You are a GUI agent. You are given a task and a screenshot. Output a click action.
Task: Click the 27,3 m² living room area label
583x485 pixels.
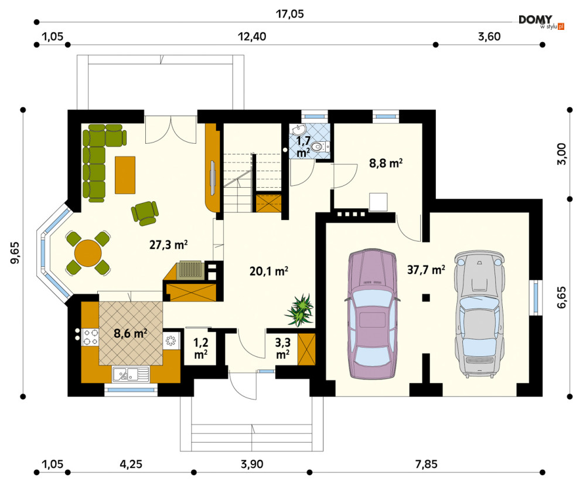[x=168, y=245]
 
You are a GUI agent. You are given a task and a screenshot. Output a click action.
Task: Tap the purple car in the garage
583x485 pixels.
[x=372, y=314]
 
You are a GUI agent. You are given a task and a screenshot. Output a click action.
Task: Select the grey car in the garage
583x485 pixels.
[x=479, y=314]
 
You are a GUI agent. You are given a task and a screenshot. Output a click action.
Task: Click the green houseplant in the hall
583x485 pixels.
[x=300, y=310]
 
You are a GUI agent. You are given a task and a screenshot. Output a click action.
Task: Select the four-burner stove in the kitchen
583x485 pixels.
[x=90, y=337]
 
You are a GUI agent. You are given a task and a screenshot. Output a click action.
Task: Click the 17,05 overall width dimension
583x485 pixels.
[x=289, y=13]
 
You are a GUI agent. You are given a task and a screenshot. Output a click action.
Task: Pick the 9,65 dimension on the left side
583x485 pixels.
[x=15, y=253]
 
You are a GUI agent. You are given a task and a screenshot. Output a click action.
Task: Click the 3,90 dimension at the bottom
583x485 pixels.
[x=252, y=464]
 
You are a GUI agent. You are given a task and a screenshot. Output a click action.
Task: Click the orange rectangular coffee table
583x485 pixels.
[x=125, y=175]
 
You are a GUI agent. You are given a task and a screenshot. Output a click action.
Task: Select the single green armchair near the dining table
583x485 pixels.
[x=145, y=213]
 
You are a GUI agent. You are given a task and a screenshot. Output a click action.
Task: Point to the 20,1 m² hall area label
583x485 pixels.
[x=269, y=271]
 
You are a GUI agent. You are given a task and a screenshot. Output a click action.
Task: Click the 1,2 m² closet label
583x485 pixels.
[x=201, y=348]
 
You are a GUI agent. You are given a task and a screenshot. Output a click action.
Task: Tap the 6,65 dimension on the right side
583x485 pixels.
[x=561, y=297]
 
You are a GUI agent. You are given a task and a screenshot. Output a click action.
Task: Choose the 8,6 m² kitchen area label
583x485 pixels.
[x=131, y=333]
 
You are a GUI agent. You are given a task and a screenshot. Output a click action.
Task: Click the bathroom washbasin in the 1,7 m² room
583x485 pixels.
[x=298, y=130]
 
